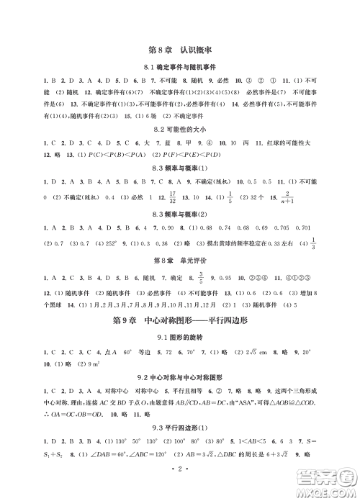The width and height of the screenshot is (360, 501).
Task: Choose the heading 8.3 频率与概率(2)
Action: click(179, 214)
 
